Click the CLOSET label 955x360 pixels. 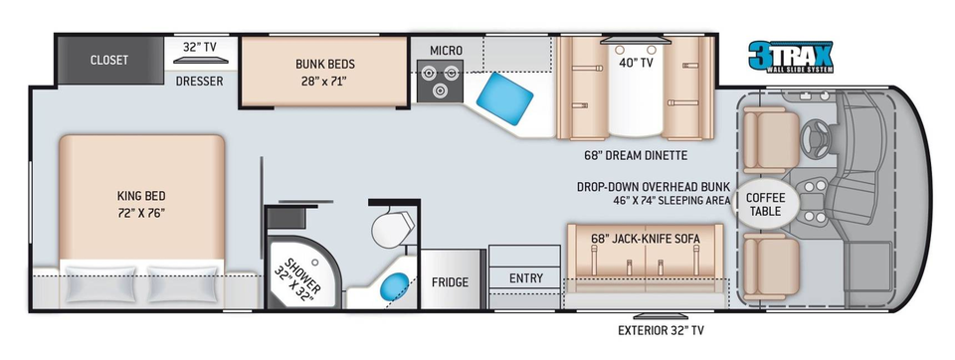point(109,60)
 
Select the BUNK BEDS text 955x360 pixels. point(325,64)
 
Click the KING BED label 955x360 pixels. point(141,196)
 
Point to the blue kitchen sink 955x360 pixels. point(505,94)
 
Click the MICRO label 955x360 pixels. point(446,51)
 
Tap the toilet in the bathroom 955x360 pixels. point(392,227)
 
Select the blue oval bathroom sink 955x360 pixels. point(395,285)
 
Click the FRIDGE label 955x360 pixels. point(450,282)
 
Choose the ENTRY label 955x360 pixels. point(526,278)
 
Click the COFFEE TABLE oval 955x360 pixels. point(765,205)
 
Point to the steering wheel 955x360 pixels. point(816,132)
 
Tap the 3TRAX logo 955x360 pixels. point(790,57)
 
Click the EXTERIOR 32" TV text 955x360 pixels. point(661,331)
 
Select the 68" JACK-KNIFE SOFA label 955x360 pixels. point(645,240)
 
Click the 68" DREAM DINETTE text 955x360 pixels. point(636,156)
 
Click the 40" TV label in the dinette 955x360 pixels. point(637,62)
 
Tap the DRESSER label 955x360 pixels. point(200,81)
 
